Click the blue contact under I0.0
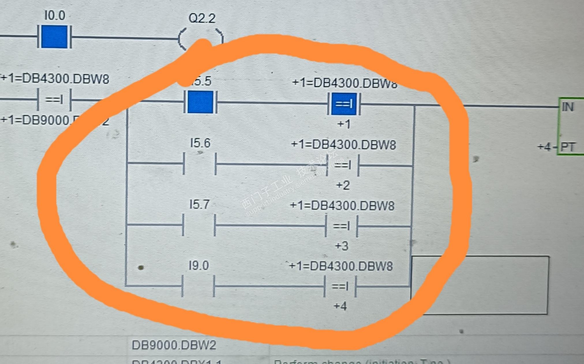[x=54, y=37]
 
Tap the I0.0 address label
[x=55, y=15]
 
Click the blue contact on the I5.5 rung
[x=200, y=102]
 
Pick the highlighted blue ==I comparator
[x=344, y=104]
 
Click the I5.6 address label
[x=200, y=143]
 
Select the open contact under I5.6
[x=200, y=164]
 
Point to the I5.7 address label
[x=199, y=204]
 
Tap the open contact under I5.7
[x=199, y=225]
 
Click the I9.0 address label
[x=199, y=266]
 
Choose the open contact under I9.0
[x=198, y=286]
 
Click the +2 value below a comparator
[x=343, y=185]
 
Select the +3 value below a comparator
[x=342, y=246]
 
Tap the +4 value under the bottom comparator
[x=340, y=306]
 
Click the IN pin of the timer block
[x=567, y=107]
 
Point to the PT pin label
[x=568, y=147]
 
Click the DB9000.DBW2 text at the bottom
[x=174, y=345]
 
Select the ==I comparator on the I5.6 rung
[x=342, y=165]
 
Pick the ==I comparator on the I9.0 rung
[x=340, y=286]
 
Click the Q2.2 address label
[x=202, y=18]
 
